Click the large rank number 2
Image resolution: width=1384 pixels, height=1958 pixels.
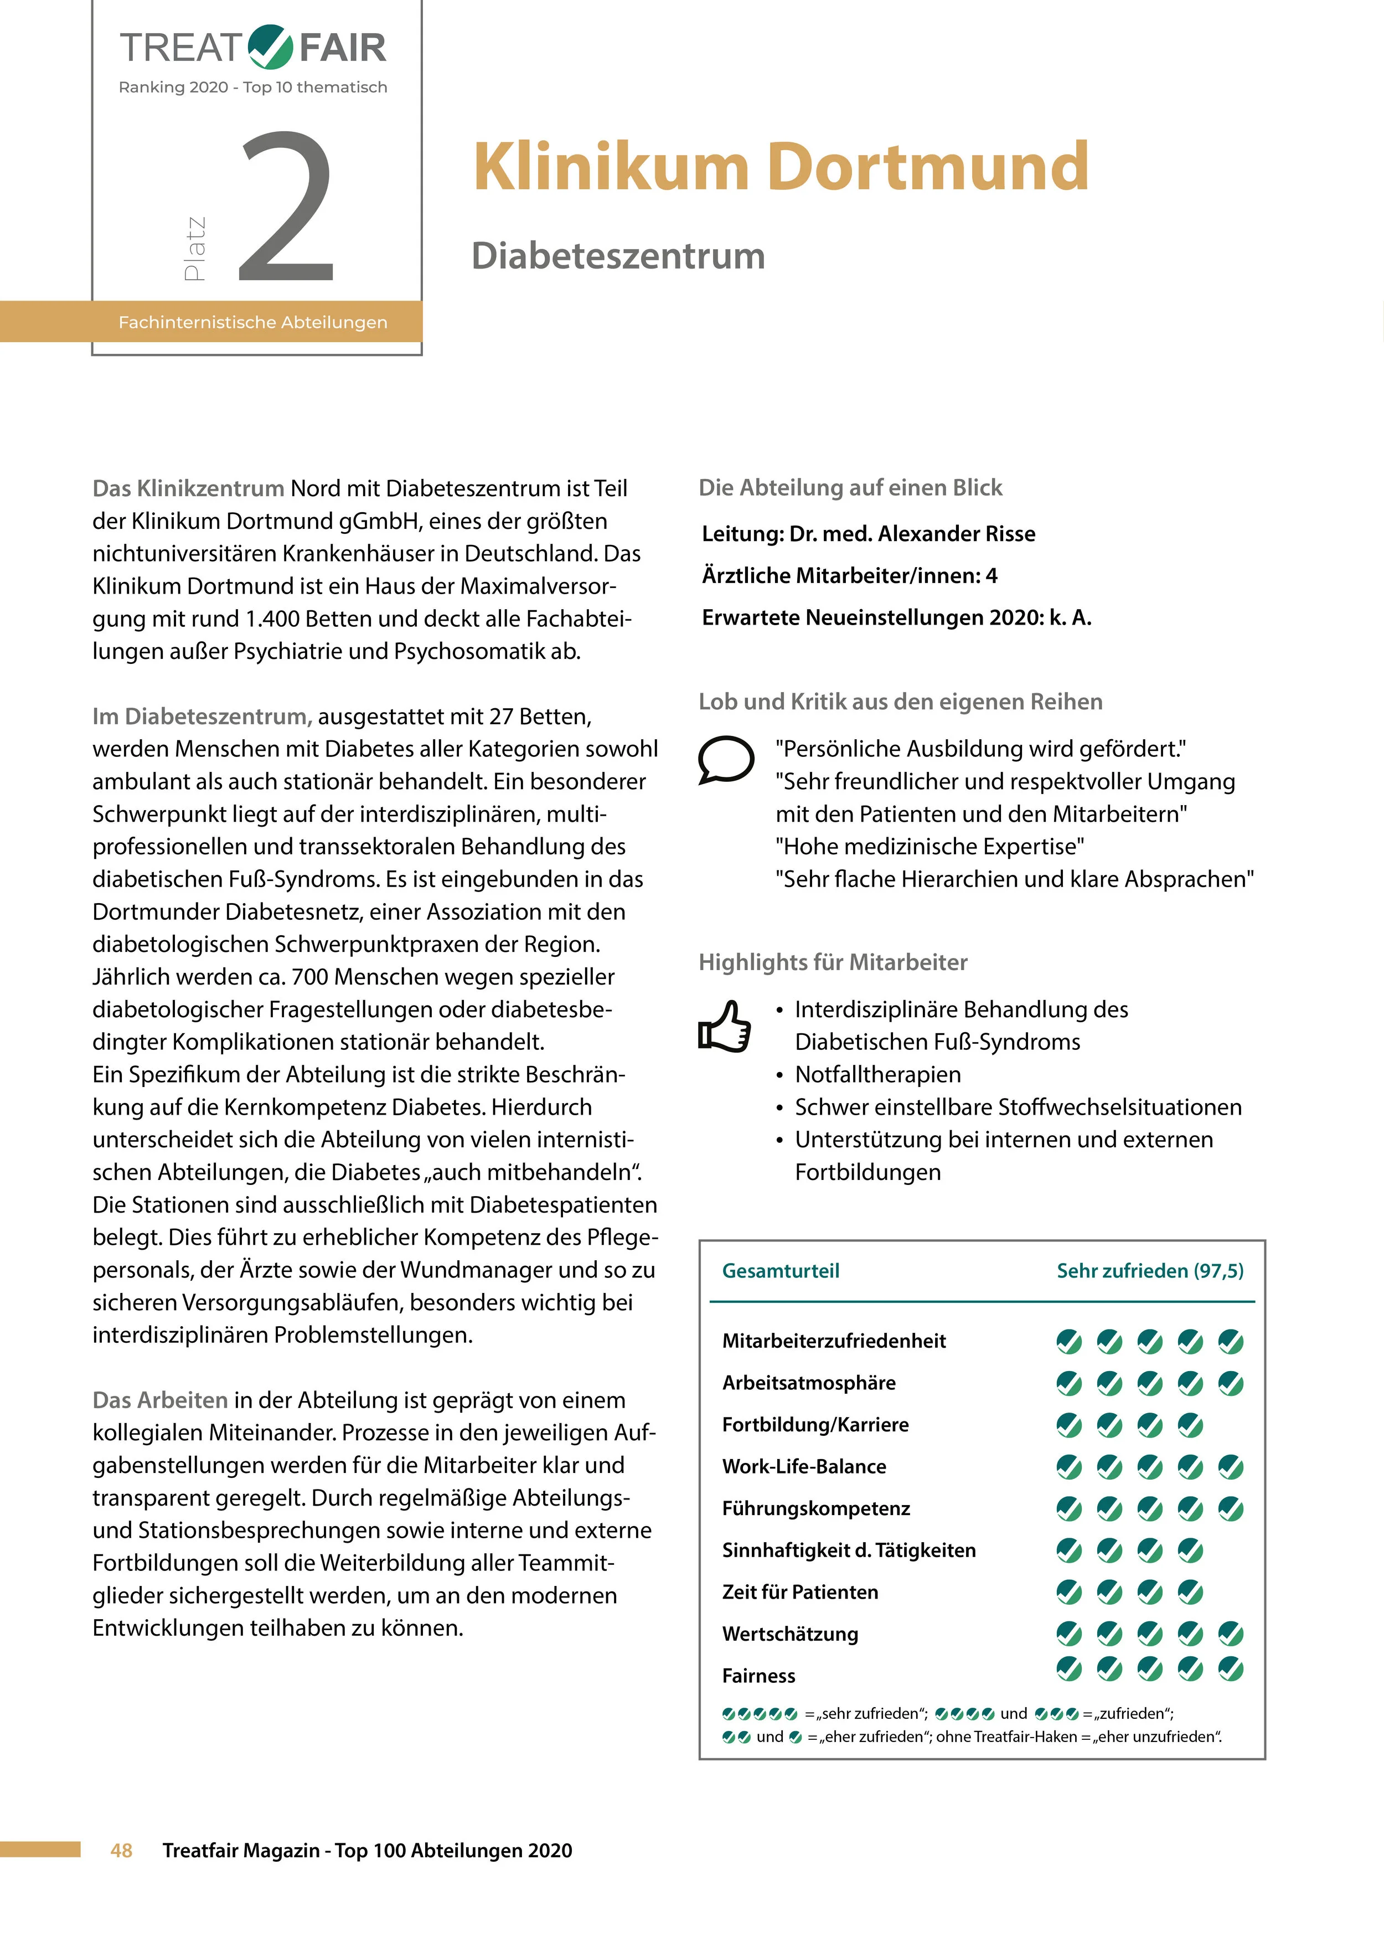(x=287, y=207)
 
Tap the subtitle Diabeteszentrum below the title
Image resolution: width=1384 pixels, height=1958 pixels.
(x=618, y=256)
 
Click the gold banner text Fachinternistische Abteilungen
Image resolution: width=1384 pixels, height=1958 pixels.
(x=252, y=322)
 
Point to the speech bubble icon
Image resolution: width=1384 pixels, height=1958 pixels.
(x=726, y=758)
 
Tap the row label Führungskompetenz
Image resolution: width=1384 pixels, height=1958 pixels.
(x=815, y=1508)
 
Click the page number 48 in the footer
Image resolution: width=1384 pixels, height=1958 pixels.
(x=121, y=1849)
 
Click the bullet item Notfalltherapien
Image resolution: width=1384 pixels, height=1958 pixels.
(x=877, y=1074)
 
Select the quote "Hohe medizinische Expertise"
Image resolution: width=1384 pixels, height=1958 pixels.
(x=929, y=847)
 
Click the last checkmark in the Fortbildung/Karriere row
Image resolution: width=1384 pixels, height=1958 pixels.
(x=1190, y=1425)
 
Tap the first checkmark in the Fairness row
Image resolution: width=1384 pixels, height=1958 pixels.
(x=1068, y=1669)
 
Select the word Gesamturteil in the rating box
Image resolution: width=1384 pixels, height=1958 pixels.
(x=780, y=1271)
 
